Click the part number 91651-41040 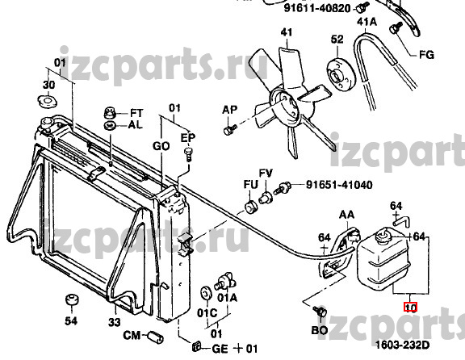click(339, 185)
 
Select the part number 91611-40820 click(317, 8)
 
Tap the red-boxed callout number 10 click(410, 308)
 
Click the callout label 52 click(337, 39)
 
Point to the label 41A click(367, 22)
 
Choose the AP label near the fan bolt click(230, 110)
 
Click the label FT click(136, 113)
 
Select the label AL click(136, 125)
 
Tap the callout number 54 click(71, 321)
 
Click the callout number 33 click(115, 322)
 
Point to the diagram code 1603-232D click(402, 345)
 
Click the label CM click(132, 336)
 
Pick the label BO click(320, 330)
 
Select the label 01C click(207, 313)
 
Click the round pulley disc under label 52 click(341, 76)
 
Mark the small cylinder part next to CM click(156, 337)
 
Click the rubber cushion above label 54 click(72, 299)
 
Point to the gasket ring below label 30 click(47, 101)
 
